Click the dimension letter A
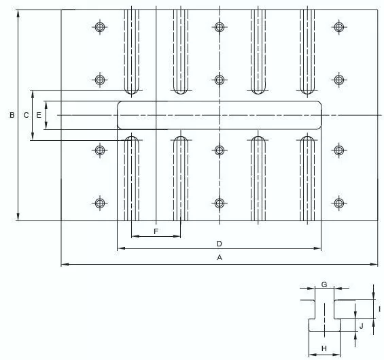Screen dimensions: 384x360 pyautogui.click(x=220, y=257)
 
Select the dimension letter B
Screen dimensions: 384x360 pyautogui.click(x=12, y=115)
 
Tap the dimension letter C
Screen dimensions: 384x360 pyautogui.click(x=26, y=115)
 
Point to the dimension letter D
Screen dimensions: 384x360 pyautogui.click(x=219, y=244)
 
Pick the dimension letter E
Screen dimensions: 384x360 pyautogui.click(x=39, y=115)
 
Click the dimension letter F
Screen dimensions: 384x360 pyautogui.click(x=156, y=231)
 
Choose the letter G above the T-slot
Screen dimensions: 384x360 pyautogui.click(x=324, y=284)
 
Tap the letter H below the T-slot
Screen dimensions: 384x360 pyautogui.click(x=324, y=348)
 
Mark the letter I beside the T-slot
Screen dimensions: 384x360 pyautogui.click(x=379, y=309)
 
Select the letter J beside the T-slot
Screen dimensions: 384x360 pyautogui.click(x=361, y=326)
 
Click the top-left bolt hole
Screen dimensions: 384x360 pyautogui.click(x=100, y=27)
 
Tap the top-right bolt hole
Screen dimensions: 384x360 pyautogui.click(x=338, y=27)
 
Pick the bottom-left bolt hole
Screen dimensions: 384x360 pyautogui.click(x=100, y=203)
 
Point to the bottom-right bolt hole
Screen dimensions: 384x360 pyautogui.click(x=338, y=203)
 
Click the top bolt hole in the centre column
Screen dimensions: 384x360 pyautogui.click(x=220, y=27)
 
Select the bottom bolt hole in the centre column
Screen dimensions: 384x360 pyautogui.click(x=220, y=203)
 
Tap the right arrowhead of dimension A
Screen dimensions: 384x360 pyautogui.click(x=374, y=264)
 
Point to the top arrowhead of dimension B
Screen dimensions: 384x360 pyautogui.click(x=18, y=14)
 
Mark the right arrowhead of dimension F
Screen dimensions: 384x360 pyautogui.click(x=177, y=236)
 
